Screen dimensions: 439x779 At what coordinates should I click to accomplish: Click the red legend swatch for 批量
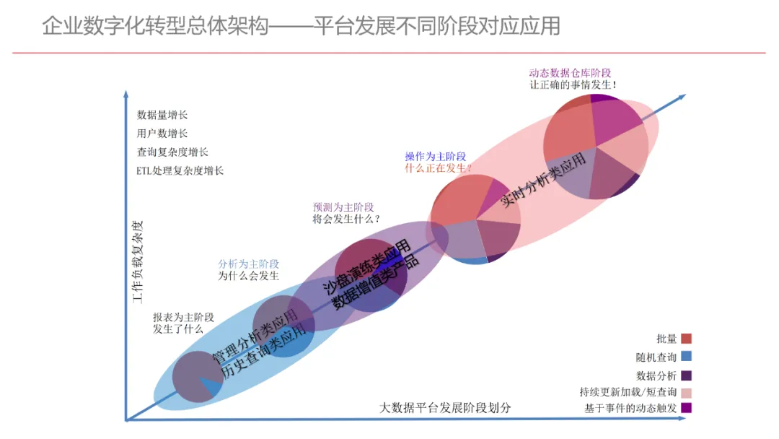[686, 339]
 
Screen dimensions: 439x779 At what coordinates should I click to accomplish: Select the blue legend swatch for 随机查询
[686, 356]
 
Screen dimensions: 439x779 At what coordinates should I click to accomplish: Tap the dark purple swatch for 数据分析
[686, 375]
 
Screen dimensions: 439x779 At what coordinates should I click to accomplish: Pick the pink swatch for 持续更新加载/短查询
[686, 392]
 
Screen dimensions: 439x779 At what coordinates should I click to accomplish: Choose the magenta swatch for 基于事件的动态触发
[686, 409]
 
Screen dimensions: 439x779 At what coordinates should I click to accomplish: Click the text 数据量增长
[162, 115]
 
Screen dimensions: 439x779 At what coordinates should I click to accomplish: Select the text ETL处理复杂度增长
[180, 171]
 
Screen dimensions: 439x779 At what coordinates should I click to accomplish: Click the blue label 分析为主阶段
[248, 264]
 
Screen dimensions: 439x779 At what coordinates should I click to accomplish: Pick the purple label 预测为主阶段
[343, 207]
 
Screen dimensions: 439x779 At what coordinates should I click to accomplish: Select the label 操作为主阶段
[435, 157]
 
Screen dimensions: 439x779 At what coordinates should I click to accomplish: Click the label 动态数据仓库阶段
[570, 73]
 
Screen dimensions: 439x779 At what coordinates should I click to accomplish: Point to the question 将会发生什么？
[346, 219]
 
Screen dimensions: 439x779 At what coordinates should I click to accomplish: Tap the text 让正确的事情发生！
[573, 84]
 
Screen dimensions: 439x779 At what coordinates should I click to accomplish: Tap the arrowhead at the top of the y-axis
[126, 95]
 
